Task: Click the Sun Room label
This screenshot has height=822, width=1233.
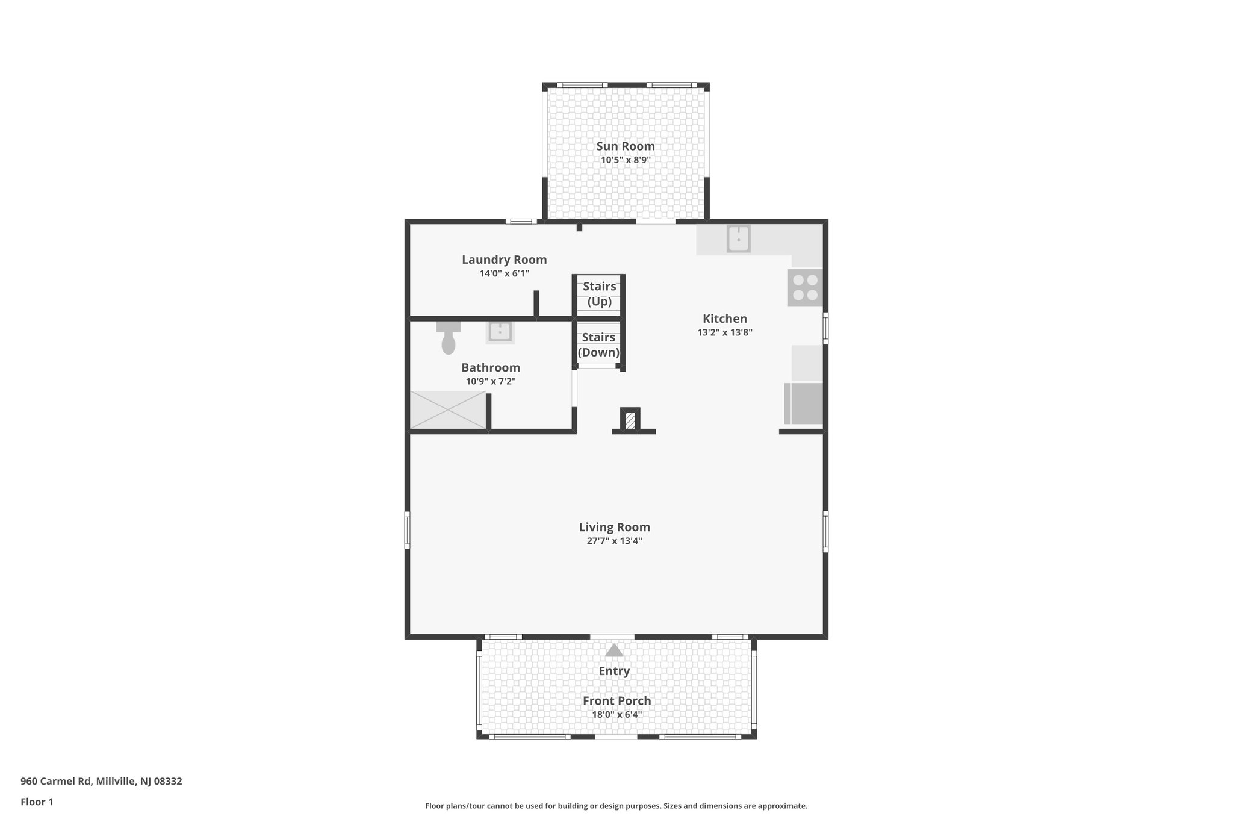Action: (625, 146)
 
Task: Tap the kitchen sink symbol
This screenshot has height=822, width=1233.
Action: (738, 238)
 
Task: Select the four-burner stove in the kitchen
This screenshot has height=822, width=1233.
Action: (805, 287)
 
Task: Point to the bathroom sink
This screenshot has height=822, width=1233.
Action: (500, 332)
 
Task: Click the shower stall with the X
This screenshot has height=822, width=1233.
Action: (447, 410)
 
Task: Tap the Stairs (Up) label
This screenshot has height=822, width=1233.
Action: (599, 294)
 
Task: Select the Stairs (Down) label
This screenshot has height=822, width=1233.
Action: (598, 345)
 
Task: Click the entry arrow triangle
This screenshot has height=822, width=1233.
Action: (613, 650)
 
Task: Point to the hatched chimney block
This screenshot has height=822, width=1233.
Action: (630, 420)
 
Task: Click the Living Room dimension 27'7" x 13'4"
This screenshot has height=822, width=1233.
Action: (614, 541)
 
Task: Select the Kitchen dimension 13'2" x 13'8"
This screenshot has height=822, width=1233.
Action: (725, 332)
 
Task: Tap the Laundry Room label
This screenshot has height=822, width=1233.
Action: (504, 260)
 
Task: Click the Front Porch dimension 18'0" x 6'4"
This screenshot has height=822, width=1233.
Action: (616, 715)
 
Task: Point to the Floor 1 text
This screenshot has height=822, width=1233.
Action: (37, 802)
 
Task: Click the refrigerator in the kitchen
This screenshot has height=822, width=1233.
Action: (804, 403)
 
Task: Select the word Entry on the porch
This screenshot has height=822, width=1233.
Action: (614, 671)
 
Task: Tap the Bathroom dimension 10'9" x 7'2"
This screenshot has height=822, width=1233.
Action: (491, 381)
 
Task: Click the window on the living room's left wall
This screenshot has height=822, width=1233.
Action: (408, 530)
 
